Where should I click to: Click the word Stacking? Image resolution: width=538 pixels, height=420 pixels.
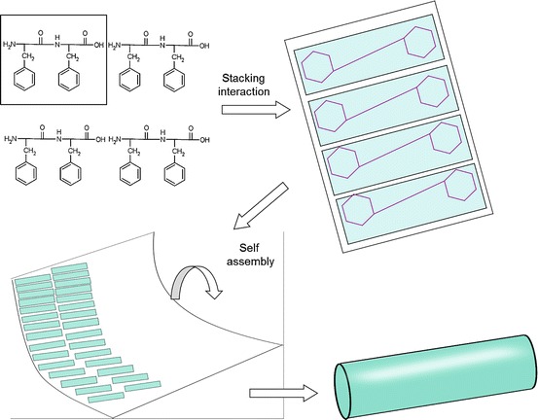(243, 79)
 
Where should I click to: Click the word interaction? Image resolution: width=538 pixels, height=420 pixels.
(244, 91)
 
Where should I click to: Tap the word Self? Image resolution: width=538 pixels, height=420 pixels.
(249, 247)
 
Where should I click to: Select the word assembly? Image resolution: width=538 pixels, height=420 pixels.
(250, 262)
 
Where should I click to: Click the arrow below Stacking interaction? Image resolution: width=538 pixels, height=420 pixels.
(256, 110)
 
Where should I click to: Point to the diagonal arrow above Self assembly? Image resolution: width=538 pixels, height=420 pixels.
(261, 206)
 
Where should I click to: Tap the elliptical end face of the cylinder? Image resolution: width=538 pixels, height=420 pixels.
(341, 391)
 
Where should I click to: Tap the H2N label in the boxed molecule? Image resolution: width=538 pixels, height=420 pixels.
(10, 44)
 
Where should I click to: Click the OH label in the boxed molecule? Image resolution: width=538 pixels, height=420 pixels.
(99, 45)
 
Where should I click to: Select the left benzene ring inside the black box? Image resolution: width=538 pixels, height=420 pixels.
(24, 79)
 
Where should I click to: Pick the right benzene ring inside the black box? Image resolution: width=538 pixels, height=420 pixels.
(69, 79)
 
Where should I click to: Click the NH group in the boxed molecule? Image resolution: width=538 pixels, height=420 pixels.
(57, 41)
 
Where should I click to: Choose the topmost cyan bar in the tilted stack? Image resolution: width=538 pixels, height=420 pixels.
(369, 54)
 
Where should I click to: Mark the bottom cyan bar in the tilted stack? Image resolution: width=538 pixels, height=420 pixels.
(412, 203)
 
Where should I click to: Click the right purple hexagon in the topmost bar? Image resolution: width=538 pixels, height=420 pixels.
(419, 42)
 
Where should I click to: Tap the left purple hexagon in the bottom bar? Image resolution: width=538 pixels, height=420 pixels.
(358, 210)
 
